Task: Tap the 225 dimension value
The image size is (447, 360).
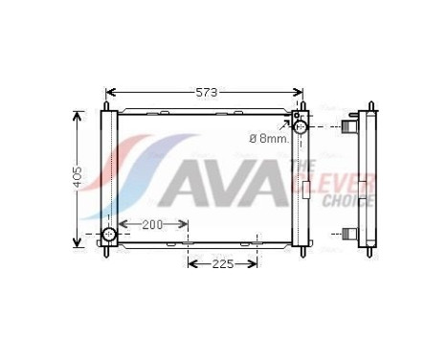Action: pyautogui.click(x=222, y=263)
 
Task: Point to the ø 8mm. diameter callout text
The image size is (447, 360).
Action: pyautogui.click(x=268, y=139)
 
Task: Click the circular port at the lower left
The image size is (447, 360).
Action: pyautogui.click(x=109, y=235)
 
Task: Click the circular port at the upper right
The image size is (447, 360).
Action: pyautogui.click(x=301, y=126)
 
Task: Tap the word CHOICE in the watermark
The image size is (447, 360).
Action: pyautogui.click(x=347, y=201)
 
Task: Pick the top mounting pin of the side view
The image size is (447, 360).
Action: pyautogui.click(x=369, y=105)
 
